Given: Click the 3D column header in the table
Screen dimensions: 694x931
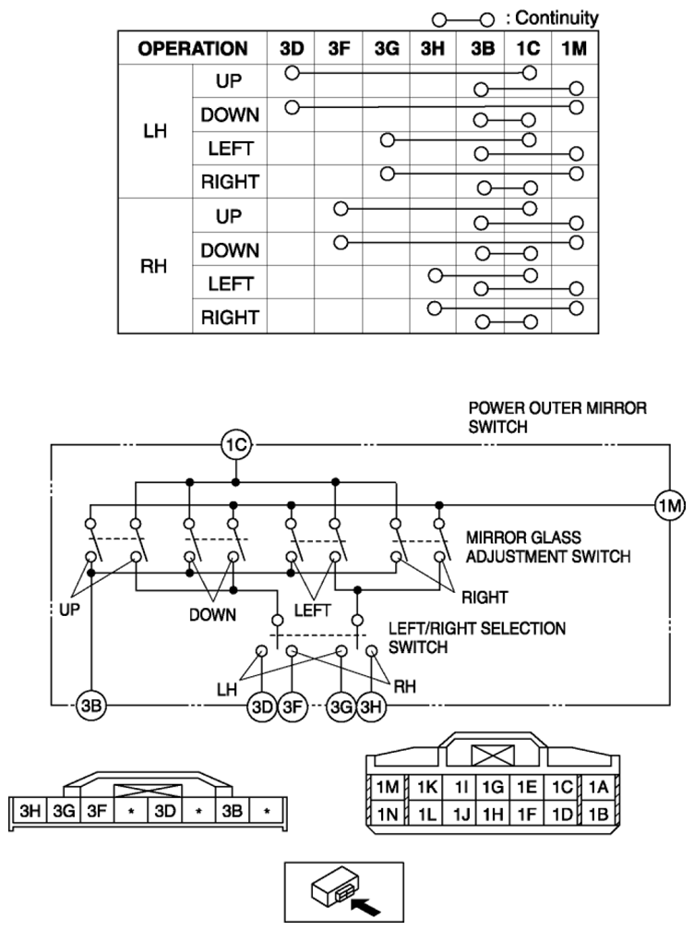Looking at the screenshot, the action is (x=292, y=48).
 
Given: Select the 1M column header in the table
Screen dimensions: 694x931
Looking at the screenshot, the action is (x=574, y=48).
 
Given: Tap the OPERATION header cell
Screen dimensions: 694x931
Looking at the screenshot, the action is (x=193, y=48).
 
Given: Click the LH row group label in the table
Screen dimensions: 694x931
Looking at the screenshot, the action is (x=155, y=130).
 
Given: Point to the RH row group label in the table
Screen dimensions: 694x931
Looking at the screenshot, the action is (x=153, y=266).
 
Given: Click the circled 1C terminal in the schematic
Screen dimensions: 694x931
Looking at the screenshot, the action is (x=236, y=445).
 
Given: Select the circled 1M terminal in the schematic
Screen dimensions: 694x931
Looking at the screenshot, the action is (x=670, y=506).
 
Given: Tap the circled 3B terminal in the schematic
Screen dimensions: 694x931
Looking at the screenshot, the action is (x=91, y=706).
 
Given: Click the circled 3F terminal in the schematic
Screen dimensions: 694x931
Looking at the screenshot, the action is (x=293, y=706).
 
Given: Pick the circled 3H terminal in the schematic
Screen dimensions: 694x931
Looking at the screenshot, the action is (x=371, y=706).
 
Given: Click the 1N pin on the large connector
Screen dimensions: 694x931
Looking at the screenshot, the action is (x=388, y=814).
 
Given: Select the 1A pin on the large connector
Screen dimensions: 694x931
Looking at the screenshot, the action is (x=598, y=787).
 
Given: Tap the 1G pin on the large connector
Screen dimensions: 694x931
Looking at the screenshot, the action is (x=492, y=787).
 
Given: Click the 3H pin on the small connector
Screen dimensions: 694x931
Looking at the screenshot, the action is (x=30, y=811).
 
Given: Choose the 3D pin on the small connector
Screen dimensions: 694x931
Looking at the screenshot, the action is (x=165, y=811).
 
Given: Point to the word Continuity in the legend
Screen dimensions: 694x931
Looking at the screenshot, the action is (x=556, y=18).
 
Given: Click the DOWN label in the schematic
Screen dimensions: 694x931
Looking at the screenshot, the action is (x=212, y=614).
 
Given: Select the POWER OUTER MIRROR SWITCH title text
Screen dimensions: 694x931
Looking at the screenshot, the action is (x=557, y=417).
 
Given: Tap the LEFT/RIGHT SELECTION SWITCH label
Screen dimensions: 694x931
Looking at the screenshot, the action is (x=477, y=637).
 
